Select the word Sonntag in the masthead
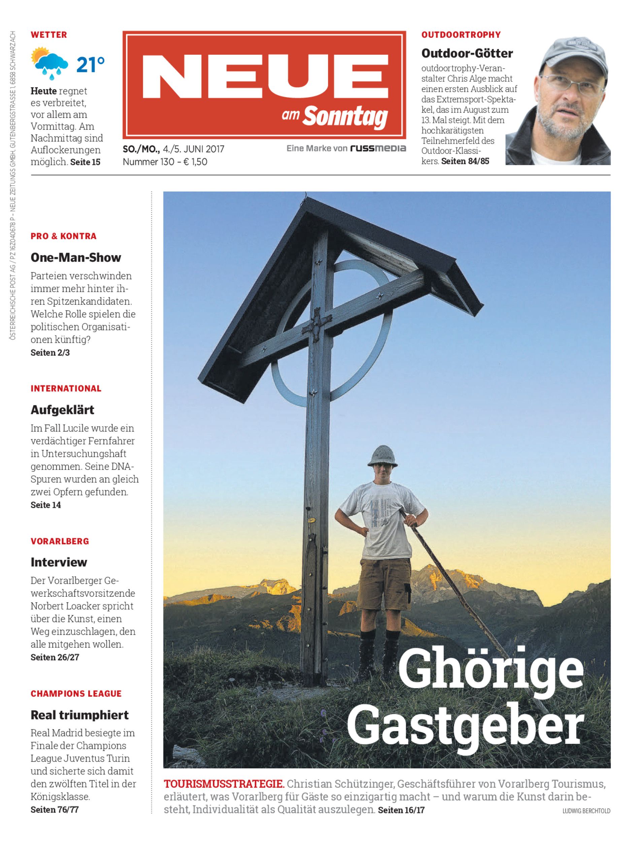(x=345, y=116)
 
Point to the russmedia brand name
(x=378, y=148)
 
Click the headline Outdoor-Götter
(x=467, y=53)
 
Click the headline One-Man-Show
(x=75, y=257)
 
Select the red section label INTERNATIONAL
(x=66, y=389)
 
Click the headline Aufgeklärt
(x=62, y=410)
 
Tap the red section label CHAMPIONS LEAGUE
(x=76, y=693)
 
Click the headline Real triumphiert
(x=79, y=715)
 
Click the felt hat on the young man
(x=383, y=455)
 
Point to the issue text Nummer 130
(x=146, y=162)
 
